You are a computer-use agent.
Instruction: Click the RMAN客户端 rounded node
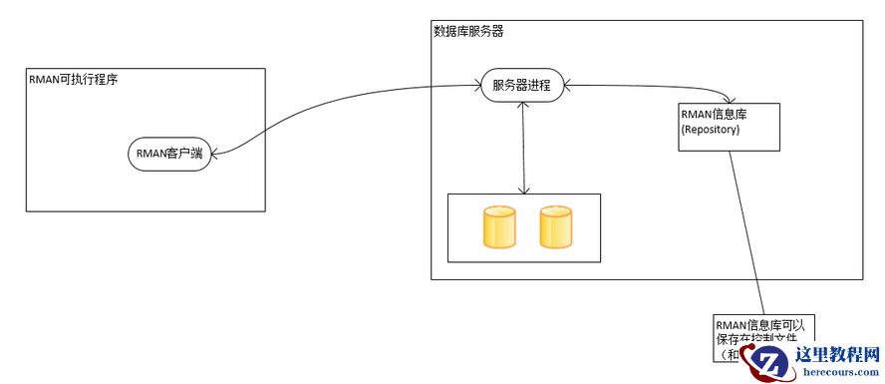coord(170,154)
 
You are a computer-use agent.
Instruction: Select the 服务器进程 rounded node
coord(521,84)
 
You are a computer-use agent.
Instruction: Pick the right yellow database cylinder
coord(555,227)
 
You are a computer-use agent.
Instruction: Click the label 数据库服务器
coord(468,32)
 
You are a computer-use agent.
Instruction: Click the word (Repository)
coord(711,130)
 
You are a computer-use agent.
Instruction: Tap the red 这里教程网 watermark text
coord(837,353)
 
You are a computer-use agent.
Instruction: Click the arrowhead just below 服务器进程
coord(523,105)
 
